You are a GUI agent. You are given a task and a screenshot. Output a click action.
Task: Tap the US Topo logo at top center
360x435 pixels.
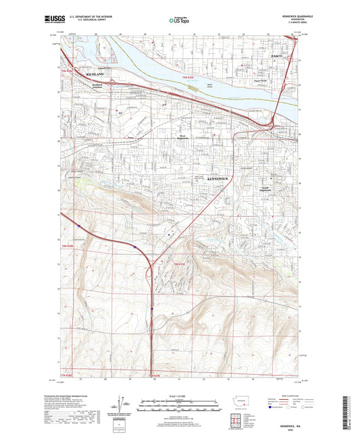pos(178,21)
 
